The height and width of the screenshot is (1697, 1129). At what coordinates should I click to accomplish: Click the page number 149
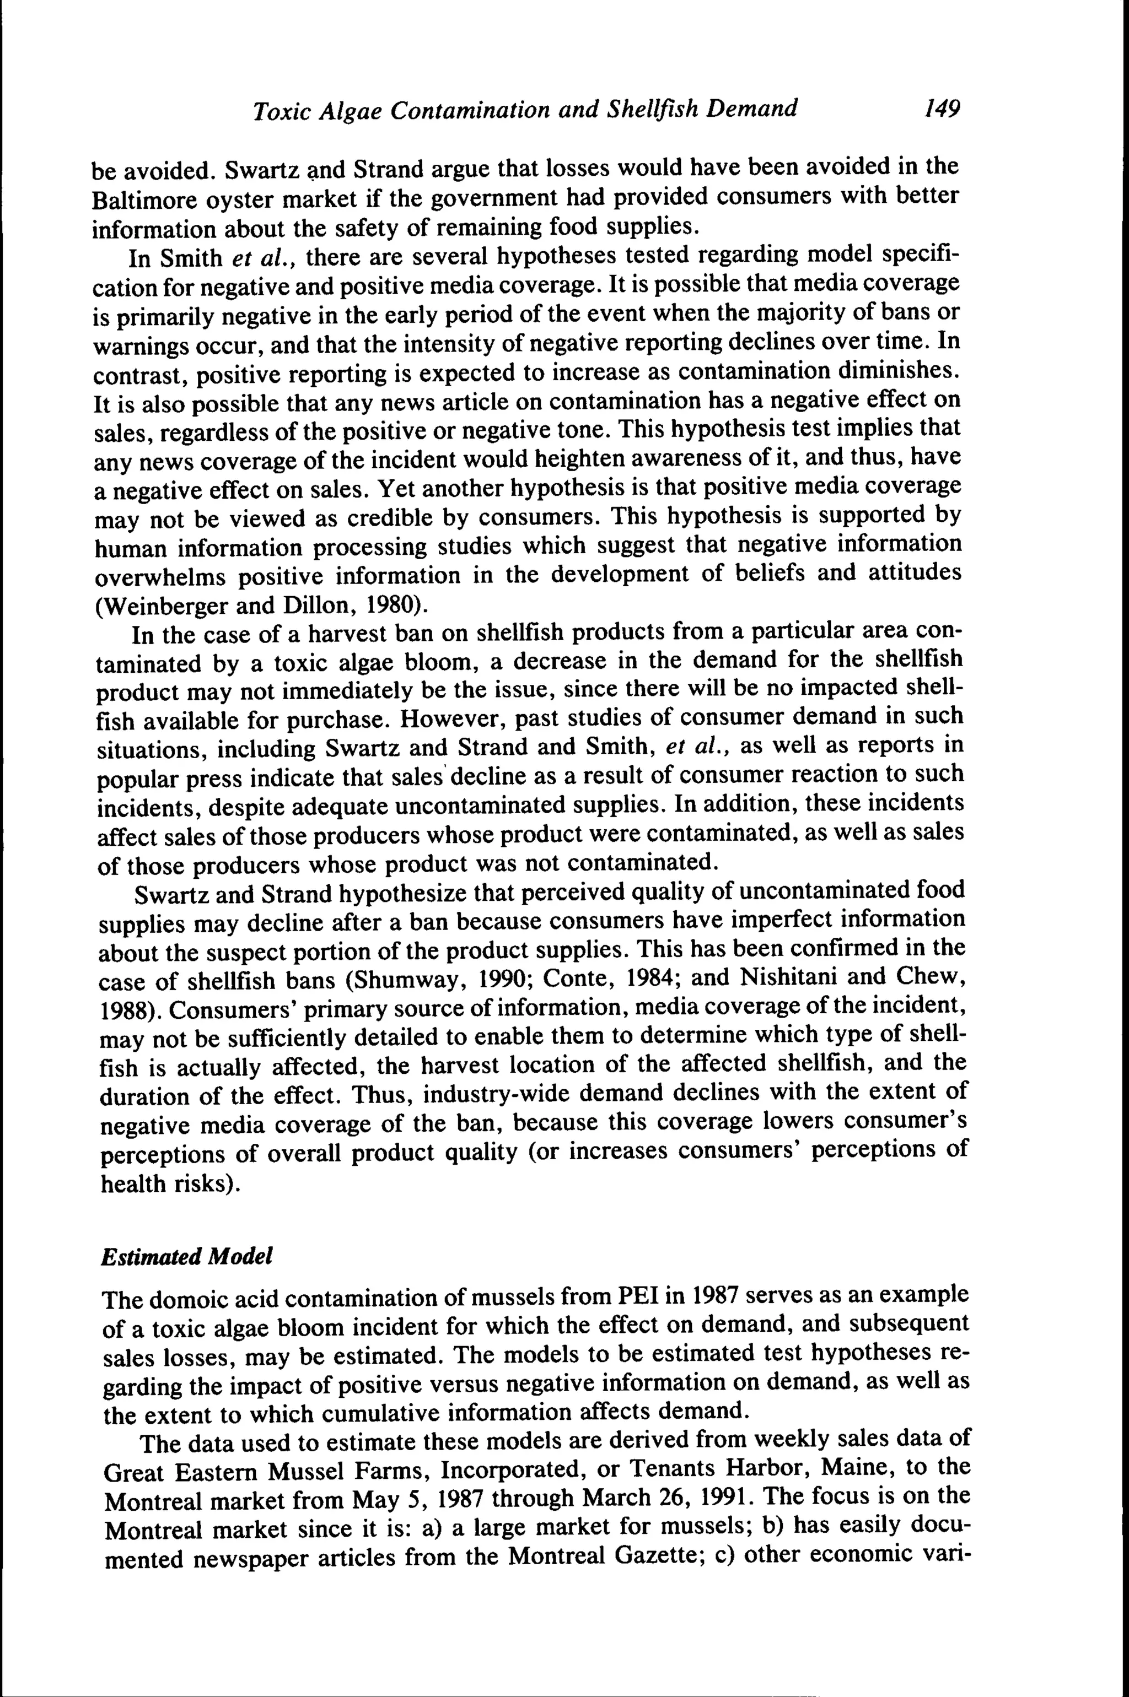click(x=943, y=110)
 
